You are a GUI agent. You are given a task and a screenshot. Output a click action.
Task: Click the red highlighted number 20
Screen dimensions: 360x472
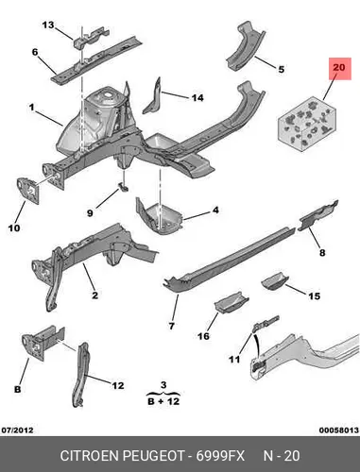click(338, 68)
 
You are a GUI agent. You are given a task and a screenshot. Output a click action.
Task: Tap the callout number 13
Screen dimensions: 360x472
click(48, 25)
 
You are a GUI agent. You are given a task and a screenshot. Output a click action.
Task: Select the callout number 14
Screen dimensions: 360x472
click(197, 98)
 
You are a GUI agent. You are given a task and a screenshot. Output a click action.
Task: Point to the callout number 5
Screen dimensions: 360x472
click(281, 69)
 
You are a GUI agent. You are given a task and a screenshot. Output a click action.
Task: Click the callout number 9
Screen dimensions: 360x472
click(90, 213)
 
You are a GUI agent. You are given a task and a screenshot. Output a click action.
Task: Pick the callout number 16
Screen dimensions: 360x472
click(203, 336)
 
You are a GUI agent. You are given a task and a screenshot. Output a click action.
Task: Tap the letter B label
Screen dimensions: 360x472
click(18, 389)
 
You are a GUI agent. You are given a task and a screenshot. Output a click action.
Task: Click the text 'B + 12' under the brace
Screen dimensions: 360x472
click(163, 401)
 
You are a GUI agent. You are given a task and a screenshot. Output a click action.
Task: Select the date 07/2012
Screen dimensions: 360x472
click(18, 430)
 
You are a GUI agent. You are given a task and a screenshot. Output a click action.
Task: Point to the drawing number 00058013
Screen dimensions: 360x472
click(339, 430)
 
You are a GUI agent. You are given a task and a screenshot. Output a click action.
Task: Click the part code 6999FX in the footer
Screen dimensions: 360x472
click(220, 456)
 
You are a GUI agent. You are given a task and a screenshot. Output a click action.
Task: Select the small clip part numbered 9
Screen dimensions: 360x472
click(123, 187)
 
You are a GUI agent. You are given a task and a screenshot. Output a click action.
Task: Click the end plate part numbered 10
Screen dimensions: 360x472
click(28, 191)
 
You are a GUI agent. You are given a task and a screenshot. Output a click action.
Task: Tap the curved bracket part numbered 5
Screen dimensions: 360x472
click(246, 44)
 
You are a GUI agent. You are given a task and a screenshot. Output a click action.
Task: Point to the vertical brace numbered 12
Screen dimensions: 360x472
click(80, 375)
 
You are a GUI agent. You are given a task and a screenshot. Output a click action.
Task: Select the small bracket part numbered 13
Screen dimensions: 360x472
click(92, 37)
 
